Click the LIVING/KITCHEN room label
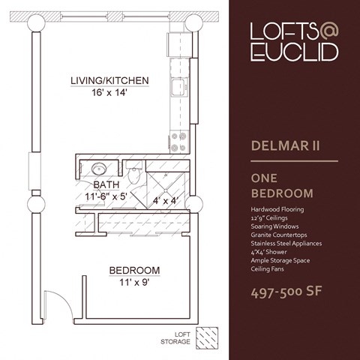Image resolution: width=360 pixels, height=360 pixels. pos(109,81)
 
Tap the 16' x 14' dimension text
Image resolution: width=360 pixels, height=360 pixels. pos(109,93)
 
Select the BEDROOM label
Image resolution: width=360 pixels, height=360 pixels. pos(134,271)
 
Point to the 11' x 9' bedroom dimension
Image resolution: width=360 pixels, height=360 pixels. pos(134,283)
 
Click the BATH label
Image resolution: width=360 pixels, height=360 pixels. pos(106,185)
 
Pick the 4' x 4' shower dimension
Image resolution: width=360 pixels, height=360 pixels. pos(166,200)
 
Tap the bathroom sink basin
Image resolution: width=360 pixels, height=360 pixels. pos(100,169)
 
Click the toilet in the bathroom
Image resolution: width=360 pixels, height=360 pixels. pos(134,172)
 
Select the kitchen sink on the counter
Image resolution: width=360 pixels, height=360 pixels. pos(179,87)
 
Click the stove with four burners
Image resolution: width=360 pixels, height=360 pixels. pos(179,142)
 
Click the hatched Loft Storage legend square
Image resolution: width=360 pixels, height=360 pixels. pos(207,338)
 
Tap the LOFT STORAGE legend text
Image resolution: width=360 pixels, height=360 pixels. pos(175,338)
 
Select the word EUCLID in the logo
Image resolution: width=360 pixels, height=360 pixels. pos(295,52)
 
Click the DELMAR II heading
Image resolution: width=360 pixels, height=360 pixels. pos(286,145)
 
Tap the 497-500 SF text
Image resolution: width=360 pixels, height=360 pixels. pos(286,292)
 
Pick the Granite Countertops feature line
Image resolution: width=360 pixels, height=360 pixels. pos(279,235)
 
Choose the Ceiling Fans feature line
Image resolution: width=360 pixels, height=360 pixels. pos(268,269)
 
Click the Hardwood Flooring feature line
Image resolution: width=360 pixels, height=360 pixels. pos(277,209)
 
